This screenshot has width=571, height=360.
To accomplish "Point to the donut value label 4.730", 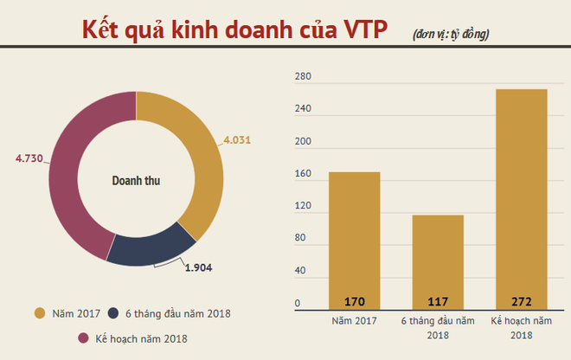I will click(31, 157).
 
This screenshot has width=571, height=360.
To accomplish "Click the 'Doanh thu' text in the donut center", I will click(136, 182).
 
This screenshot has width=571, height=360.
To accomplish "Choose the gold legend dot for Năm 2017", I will click(39, 313).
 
